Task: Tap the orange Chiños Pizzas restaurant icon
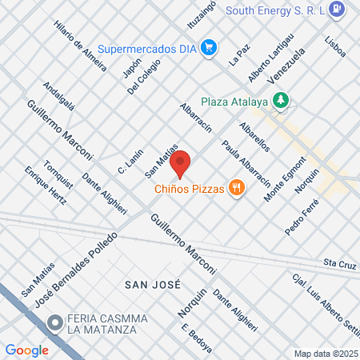(236, 189)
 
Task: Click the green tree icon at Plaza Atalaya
(280, 100)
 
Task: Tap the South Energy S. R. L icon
(338, 10)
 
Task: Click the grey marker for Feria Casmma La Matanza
(54, 324)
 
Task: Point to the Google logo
(26, 350)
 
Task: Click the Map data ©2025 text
(324, 354)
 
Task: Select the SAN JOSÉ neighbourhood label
(152, 285)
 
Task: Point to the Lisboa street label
(335, 46)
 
